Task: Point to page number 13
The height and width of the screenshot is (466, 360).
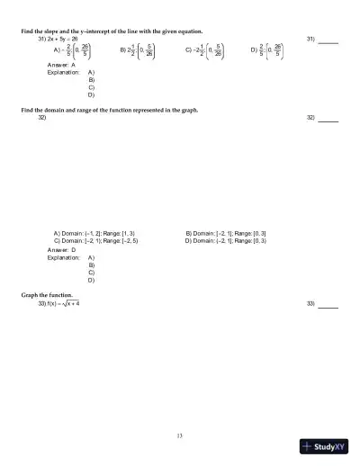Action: coord(180,436)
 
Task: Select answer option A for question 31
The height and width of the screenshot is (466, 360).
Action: coord(73,52)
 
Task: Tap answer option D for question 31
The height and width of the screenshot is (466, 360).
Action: coord(267,52)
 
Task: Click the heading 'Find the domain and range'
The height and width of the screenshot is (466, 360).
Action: coord(109,110)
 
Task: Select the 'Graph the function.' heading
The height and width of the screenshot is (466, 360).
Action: coord(46,295)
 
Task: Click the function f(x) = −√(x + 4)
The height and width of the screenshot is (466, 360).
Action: coord(64,303)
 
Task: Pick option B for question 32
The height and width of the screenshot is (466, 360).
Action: coord(225,233)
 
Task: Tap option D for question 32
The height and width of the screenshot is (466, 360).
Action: coord(225,241)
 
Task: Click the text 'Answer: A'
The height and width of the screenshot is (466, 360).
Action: coord(61,66)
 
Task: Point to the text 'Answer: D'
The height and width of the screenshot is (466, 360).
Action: coord(61,249)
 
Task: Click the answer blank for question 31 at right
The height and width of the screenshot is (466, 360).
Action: coord(328,40)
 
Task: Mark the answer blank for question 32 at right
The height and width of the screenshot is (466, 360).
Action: coord(328,119)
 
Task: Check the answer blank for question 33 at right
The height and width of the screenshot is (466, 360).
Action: coord(328,304)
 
